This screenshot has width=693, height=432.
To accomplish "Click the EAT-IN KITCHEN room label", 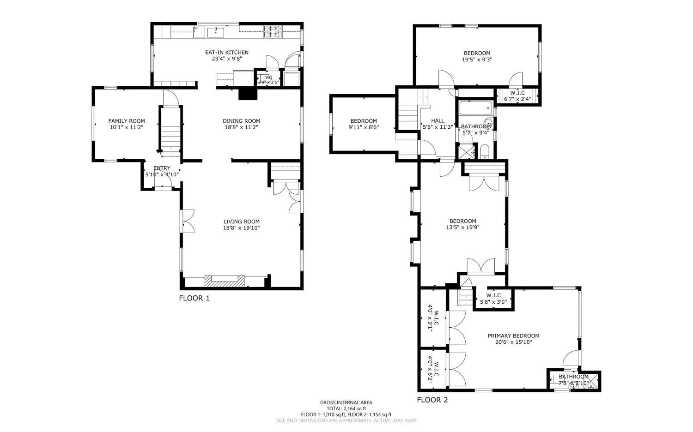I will pyautogui.click(x=227, y=53).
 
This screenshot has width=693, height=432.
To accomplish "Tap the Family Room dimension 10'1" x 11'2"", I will pyautogui.click(x=127, y=127).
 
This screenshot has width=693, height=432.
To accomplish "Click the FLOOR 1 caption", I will pyautogui.click(x=194, y=298).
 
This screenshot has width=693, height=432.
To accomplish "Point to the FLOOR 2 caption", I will pyautogui.click(x=432, y=400).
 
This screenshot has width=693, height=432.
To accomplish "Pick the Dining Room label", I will pyautogui.click(x=242, y=121).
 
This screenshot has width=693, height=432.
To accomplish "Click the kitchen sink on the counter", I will pyautogui.click(x=216, y=32).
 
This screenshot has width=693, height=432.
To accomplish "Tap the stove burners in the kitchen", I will pyautogui.click(x=273, y=31).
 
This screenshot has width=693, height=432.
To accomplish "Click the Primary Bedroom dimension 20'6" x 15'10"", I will pyautogui.click(x=513, y=342).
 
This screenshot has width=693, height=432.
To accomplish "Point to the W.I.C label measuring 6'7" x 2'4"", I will pyautogui.click(x=517, y=98).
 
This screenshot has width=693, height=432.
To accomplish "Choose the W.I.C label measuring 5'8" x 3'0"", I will pyautogui.click(x=493, y=302).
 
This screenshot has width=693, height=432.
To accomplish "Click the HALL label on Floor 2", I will pyautogui.click(x=438, y=121).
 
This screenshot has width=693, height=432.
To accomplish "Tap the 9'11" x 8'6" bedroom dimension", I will pyautogui.click(x=364, y=127).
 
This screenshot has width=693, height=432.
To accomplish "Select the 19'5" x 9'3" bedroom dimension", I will pyautogui.click(x=477, y=60).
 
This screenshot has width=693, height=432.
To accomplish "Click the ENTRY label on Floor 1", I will pyautogui.click(x=162, y=168).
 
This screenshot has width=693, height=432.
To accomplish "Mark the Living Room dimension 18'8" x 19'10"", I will pyautogui.click(x=242, y=228).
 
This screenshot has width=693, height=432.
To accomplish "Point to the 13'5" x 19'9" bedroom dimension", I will pyautogui.click(x=462, y=228).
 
